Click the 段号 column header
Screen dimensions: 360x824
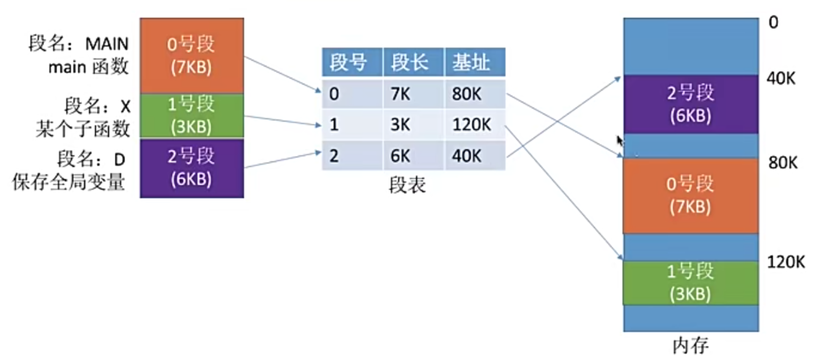point(348,63)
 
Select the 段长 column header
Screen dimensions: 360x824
point(410,63)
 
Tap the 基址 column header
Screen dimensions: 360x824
point(471,63)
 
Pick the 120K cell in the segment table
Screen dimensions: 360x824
point(471,126)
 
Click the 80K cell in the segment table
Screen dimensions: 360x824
point(467,95)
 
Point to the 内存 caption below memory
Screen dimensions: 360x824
point(690,346)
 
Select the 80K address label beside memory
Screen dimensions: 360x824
point(783,162)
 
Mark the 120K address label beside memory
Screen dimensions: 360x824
point(786,262)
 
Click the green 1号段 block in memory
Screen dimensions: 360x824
point(690,282)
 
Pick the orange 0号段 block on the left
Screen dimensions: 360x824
point(192,55)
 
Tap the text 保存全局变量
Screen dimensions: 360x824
point(69,182)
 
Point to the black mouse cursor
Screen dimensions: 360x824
point(619,141)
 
